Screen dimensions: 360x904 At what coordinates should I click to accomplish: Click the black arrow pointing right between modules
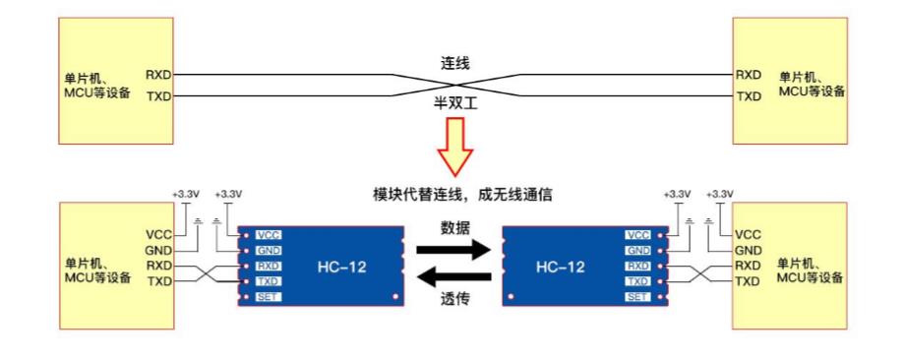(x=452, y=250)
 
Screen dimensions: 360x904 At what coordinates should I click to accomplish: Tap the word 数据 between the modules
(x=454, y=227)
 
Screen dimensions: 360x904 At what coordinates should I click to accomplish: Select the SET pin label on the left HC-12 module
(x=268, y=297)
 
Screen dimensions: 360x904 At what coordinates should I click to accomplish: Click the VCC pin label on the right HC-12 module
(x=637, y=235)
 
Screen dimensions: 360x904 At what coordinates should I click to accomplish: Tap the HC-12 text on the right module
(x=558, y=266)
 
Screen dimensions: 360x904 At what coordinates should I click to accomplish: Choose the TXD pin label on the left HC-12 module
(x=268, y=281)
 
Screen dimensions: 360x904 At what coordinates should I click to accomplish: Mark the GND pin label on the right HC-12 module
(x=637, y=251)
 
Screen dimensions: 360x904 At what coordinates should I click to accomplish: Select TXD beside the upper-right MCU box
(x=749, y=97)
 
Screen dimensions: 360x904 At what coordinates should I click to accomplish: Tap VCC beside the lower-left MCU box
(x=158, y=235)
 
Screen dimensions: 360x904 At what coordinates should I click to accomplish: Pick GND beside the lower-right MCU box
(x=748, y=251)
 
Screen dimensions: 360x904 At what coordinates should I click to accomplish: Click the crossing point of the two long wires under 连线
(x=454, y=86)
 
